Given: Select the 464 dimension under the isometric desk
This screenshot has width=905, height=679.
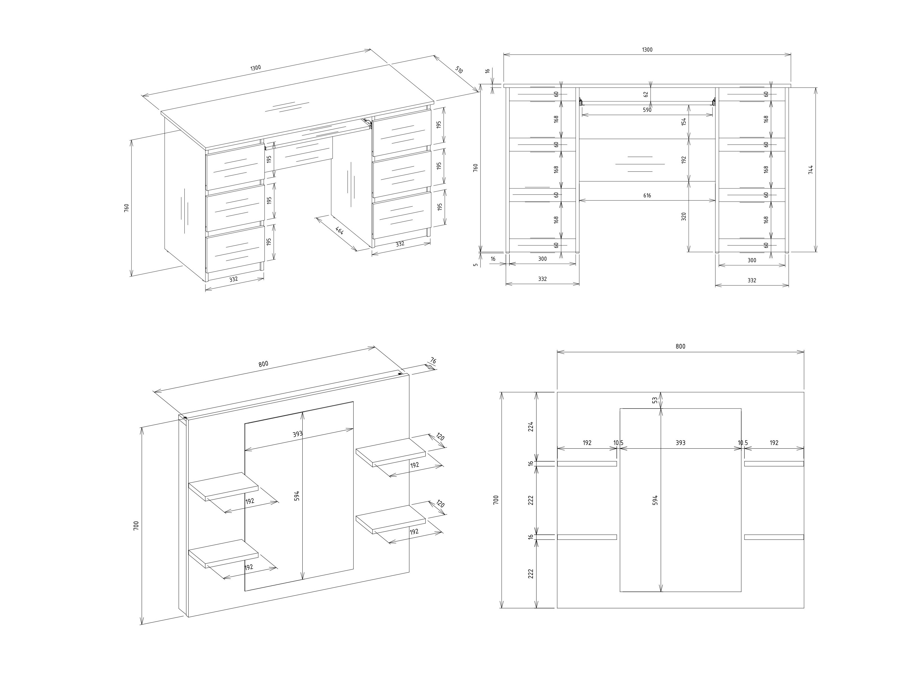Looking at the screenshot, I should [x=340, y=230].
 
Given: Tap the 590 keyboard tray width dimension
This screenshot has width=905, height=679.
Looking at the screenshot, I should [x=647, y=110].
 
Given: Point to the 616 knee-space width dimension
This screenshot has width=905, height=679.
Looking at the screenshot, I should [x=647, y=196].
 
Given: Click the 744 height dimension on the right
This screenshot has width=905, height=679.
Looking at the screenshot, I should [x=810, y=169].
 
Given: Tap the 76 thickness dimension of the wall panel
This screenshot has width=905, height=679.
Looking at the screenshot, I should [x=433, y=361].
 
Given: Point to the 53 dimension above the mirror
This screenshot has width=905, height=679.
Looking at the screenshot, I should [x=655, y=400].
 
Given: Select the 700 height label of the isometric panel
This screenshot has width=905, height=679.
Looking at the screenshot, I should [x=136, y=525].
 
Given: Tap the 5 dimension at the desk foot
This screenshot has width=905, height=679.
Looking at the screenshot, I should [x=475, y=264].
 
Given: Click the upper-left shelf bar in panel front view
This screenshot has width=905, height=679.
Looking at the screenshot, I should [x=587, y=464].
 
